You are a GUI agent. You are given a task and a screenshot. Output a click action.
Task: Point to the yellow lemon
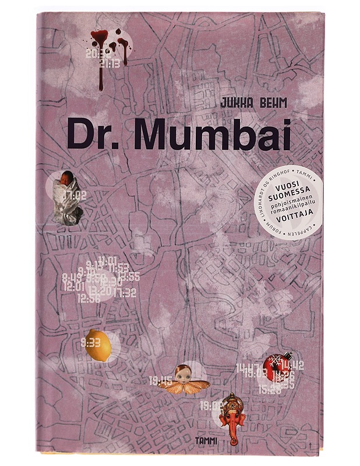click(x=97, y=347)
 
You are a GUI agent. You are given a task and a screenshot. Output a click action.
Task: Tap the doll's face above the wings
click(x=185, y=372)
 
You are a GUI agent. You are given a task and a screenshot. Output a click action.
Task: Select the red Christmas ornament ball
click(x=274, y=365)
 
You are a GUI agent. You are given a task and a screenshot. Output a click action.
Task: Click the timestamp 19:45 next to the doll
click(x=161, y=382)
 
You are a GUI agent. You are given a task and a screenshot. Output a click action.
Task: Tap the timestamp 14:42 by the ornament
click(x=291, y=366)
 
